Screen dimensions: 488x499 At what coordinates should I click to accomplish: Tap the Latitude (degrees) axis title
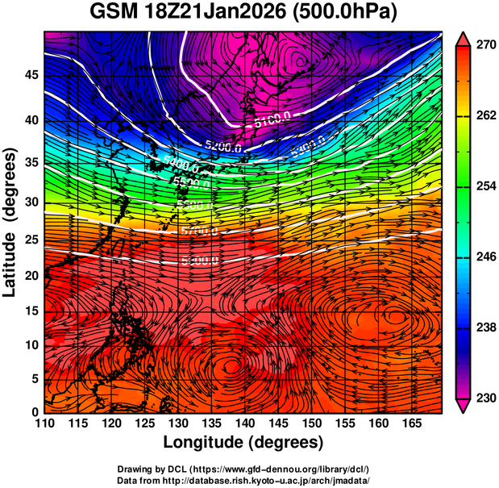tap(10, 223)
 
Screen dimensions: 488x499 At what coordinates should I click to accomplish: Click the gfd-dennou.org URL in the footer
tap(274, 469)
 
